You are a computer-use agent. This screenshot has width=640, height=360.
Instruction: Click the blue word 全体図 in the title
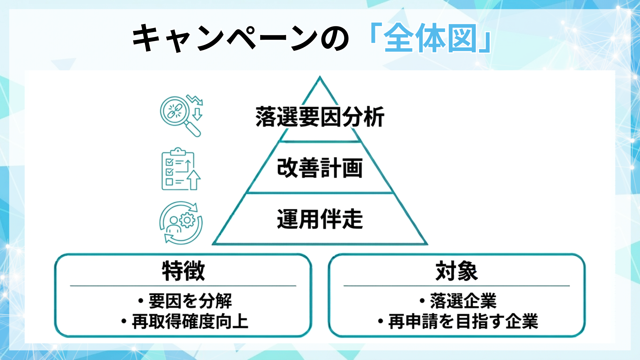(x=430, y=38)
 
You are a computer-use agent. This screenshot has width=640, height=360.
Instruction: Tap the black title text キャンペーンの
(x=240, y=38)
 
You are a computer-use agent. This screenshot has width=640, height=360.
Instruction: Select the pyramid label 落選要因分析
(x=320, y=117)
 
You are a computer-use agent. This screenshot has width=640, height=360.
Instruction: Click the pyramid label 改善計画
(x=320, y=168)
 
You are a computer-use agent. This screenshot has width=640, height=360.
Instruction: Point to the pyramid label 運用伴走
(x=320, y=219)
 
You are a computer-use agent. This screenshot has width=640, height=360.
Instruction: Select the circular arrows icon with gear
(x=181, y=223)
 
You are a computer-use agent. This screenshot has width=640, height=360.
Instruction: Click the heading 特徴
(x=183, y=271)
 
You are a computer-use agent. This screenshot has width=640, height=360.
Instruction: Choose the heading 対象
(x=456, y=271)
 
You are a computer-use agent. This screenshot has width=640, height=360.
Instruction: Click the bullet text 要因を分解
(x=190, y=301)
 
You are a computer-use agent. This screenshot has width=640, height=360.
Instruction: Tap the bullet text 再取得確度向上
(x=190, y=321)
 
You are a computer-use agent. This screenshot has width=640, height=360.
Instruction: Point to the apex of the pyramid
(x=320, y=78)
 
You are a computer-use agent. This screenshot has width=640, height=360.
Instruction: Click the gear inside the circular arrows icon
(x=187, y=220)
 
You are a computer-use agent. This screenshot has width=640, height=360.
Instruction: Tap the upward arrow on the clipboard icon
(x=194, y=180)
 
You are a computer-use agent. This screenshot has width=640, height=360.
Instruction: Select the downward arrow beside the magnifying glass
(x=197, y=113)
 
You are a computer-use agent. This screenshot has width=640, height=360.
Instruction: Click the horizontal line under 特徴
(x=183, y=286)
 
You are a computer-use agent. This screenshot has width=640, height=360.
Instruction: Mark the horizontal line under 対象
(x=456, y=286)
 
